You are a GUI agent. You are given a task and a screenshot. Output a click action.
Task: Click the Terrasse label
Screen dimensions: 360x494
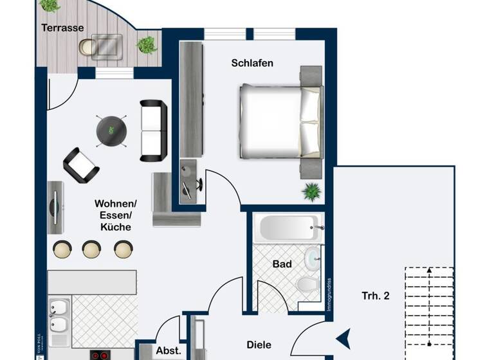[62, 28]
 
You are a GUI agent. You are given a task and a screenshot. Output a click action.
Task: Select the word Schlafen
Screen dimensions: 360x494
[252, 63]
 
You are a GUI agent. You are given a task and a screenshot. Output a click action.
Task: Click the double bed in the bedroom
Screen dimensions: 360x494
[279, 122]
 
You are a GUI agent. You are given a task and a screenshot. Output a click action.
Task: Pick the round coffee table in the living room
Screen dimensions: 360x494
[111, 130]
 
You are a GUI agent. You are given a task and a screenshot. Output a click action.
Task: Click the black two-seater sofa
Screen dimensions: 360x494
[154, 130]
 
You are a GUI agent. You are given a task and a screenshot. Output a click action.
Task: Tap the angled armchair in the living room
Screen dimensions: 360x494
[81, 165]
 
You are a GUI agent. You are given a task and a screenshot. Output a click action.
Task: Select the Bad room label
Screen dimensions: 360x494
[282, 264]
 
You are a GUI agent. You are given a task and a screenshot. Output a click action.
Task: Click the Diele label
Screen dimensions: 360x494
[259, 345]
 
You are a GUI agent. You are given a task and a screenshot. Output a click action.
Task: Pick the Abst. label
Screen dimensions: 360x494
[169, 351]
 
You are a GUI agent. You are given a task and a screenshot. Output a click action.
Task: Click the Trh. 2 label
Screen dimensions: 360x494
[376, 296]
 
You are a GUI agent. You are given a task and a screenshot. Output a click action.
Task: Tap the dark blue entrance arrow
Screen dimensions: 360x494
[343, 336]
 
